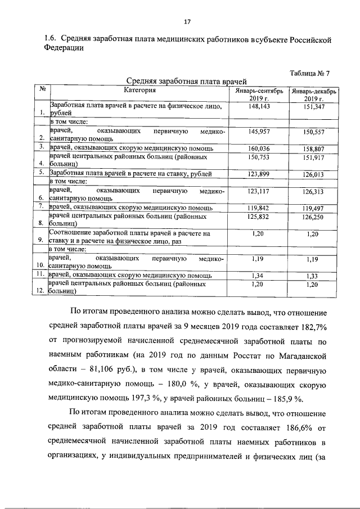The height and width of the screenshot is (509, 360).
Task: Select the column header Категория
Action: coord(139,90)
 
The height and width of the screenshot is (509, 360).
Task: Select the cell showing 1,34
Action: coord(256,276)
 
